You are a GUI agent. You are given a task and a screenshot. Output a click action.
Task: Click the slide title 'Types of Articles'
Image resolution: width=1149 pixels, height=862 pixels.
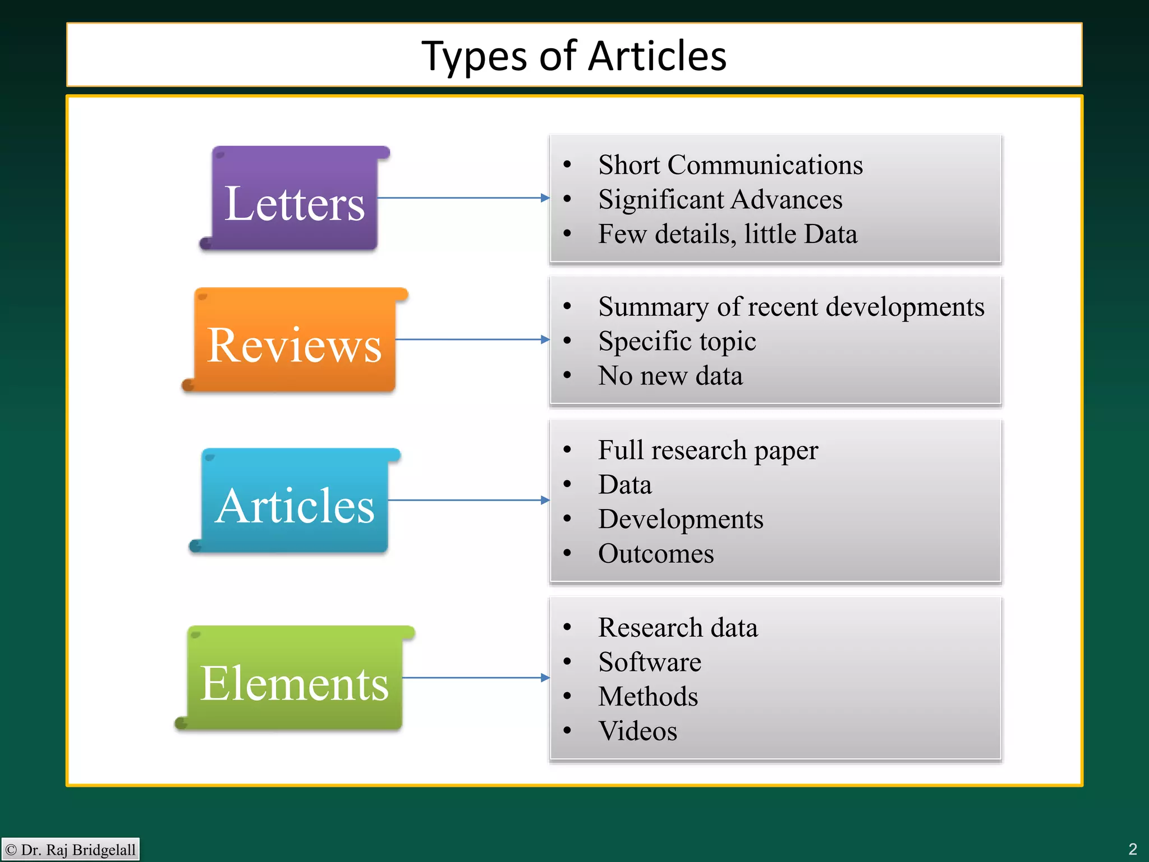(x=574, y=56)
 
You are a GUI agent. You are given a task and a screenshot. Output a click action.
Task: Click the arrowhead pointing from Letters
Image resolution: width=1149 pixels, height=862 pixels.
(x=545, y=198)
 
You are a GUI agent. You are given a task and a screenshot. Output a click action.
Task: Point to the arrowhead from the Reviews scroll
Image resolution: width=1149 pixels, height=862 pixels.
(x=545, y=340)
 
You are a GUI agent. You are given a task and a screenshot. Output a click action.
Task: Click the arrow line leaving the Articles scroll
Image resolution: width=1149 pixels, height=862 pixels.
(x=466, y=500)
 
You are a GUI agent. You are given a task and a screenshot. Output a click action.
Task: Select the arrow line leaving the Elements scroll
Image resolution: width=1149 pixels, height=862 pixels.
(x=471, y=678)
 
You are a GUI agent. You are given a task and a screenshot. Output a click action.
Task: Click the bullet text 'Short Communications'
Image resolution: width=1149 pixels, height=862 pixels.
(x=730, y=165)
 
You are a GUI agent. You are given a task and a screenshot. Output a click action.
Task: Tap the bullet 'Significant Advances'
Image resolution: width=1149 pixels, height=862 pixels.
(x=720, y=200)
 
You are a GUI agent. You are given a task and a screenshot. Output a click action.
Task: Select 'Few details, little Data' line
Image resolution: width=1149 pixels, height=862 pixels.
(x=727, y=234)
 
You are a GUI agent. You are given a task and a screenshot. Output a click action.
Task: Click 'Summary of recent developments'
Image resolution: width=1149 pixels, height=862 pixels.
(x=791, y=307)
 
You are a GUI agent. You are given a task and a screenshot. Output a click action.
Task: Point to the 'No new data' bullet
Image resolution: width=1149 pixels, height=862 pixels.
(x=670, y=376)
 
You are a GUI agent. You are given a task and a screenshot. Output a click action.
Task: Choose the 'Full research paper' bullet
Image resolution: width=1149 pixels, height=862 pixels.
(x=708, y=451)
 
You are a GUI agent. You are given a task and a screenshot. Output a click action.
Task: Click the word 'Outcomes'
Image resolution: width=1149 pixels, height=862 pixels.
(x=656, y=554)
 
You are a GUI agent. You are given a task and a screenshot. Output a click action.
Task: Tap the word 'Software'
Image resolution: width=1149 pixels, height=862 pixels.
(x=650, y=662)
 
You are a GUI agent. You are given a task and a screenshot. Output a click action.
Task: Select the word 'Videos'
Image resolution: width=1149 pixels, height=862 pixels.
(x=638, y=731)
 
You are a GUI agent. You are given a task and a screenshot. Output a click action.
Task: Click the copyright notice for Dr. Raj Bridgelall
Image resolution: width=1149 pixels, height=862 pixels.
(x=71, y=850)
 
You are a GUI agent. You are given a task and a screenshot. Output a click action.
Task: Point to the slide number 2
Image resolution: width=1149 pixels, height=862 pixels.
(x=1132, y=849)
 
